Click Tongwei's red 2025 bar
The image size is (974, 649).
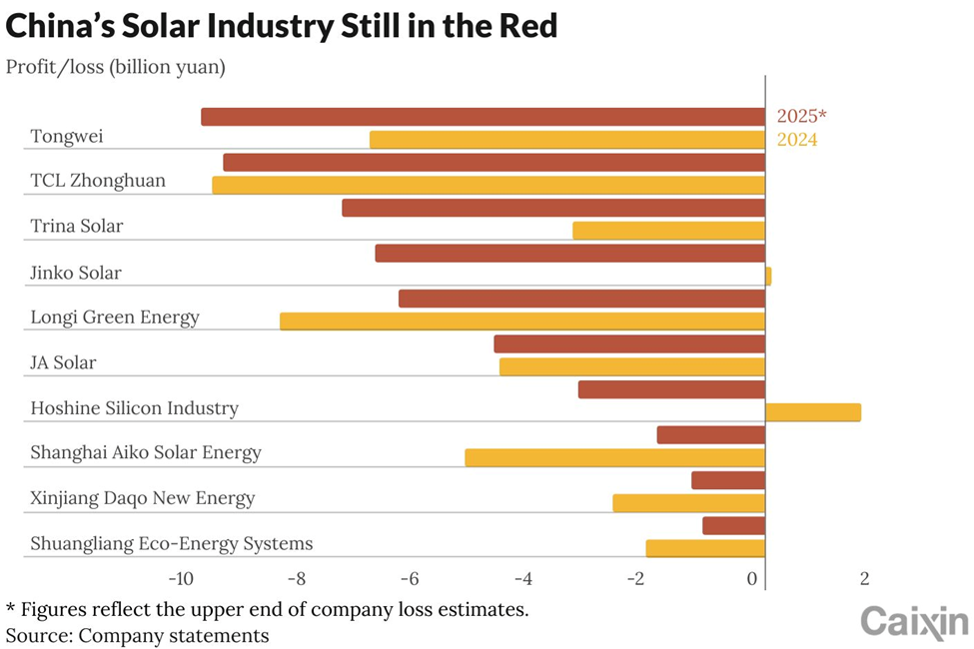coord(483,117)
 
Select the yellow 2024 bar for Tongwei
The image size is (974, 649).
coord(567,140)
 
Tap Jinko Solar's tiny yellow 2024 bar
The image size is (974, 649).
coord(768,276)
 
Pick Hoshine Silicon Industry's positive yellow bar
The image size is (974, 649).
coord(813,412)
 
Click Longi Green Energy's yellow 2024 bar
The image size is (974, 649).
coord(522,322)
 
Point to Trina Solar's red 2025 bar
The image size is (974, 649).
coord(553,208)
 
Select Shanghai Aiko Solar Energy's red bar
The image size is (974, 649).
coord(711,434)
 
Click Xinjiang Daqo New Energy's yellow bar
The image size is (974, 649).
coord(689,503)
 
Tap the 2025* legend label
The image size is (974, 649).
coord(802,116)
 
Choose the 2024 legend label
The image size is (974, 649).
coord(797,139)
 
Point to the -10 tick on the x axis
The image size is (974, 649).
coord(181,579)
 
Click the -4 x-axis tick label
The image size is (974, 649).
coord(523,579)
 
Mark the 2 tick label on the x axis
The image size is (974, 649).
coord(865,579)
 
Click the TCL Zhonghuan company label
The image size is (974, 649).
coord(98,181)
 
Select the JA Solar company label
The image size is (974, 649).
coord(63,362)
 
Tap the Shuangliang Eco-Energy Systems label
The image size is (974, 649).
coord(172,544)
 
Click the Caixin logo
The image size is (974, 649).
coord(914,622)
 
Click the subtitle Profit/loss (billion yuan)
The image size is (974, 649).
coord(116,67)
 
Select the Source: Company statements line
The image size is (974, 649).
coord(137,636)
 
